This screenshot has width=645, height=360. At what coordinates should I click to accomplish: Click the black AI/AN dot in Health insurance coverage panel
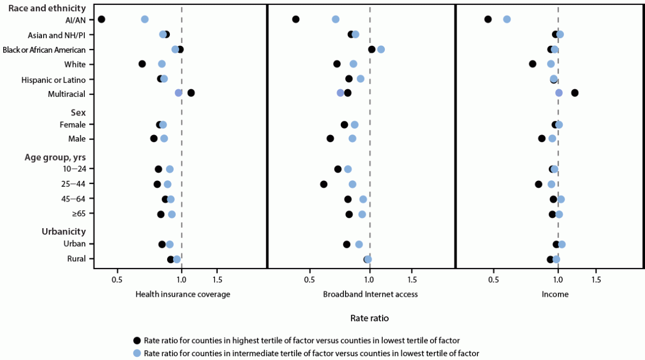[x=101, y=19]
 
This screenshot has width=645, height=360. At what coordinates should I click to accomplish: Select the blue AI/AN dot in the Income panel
[x=507, y=19]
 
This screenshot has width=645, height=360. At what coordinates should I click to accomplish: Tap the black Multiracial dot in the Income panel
[x=575, y=93]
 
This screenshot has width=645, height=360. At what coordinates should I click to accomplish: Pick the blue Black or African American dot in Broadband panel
[x=381, y=50]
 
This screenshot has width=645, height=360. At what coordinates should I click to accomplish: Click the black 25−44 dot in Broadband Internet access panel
[x=324, y=184]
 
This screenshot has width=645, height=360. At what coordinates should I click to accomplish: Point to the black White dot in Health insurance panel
[x=142, y=64]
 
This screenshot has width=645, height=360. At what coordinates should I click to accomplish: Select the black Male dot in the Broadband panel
[x=330, y=138]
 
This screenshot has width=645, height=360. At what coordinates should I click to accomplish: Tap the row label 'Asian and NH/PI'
[x=57, y=35]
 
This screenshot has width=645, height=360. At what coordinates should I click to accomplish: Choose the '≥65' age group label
[x=77, y=213]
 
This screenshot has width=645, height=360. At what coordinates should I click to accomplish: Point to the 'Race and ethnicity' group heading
[x=47, y=8]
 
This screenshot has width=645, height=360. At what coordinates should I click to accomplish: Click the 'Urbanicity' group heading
[x=64, y=231]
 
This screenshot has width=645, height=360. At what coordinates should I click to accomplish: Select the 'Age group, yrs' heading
[x=55, y=157]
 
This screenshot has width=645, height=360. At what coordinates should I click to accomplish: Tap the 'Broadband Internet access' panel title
[x=370, y=294]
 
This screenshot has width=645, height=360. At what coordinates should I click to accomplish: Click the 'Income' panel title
[x=555, y=294]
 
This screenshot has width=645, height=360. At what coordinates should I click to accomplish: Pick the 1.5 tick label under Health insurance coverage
[x=217, y=280]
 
